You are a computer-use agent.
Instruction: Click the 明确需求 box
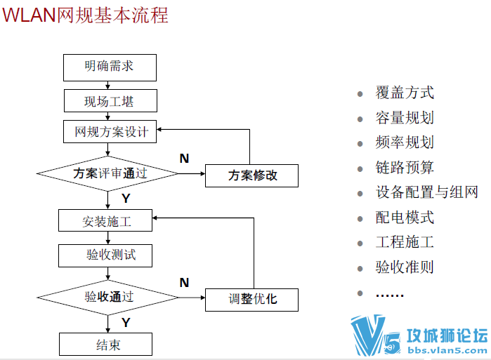[110, 67]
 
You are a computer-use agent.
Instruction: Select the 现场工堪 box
[110, 101]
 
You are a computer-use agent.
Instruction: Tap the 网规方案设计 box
[110, 132]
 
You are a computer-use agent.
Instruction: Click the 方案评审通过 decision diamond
[107, 173]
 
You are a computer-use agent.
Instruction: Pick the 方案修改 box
[251, 175]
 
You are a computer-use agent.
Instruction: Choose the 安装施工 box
[105, 220]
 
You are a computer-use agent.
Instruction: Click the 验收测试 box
[105, 256]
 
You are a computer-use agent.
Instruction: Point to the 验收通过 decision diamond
[107, 298]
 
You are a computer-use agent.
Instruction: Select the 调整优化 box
[251, 300]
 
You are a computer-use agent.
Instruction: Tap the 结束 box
[106, 344]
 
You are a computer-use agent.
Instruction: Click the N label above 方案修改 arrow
[185, 159]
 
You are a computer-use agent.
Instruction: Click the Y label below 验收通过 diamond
[126, 323]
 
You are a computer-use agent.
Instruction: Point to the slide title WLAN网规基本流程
[86, 15]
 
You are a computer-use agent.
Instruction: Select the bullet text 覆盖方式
[405, 93]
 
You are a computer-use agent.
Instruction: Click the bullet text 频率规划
[405, 142]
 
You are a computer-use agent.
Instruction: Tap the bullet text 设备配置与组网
[427, 192]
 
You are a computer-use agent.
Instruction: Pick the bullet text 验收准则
[405, 267]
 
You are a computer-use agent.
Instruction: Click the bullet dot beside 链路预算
[360, 169]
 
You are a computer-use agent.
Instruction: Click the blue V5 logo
[376, 335]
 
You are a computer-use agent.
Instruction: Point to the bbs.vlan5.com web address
[447, 350]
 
